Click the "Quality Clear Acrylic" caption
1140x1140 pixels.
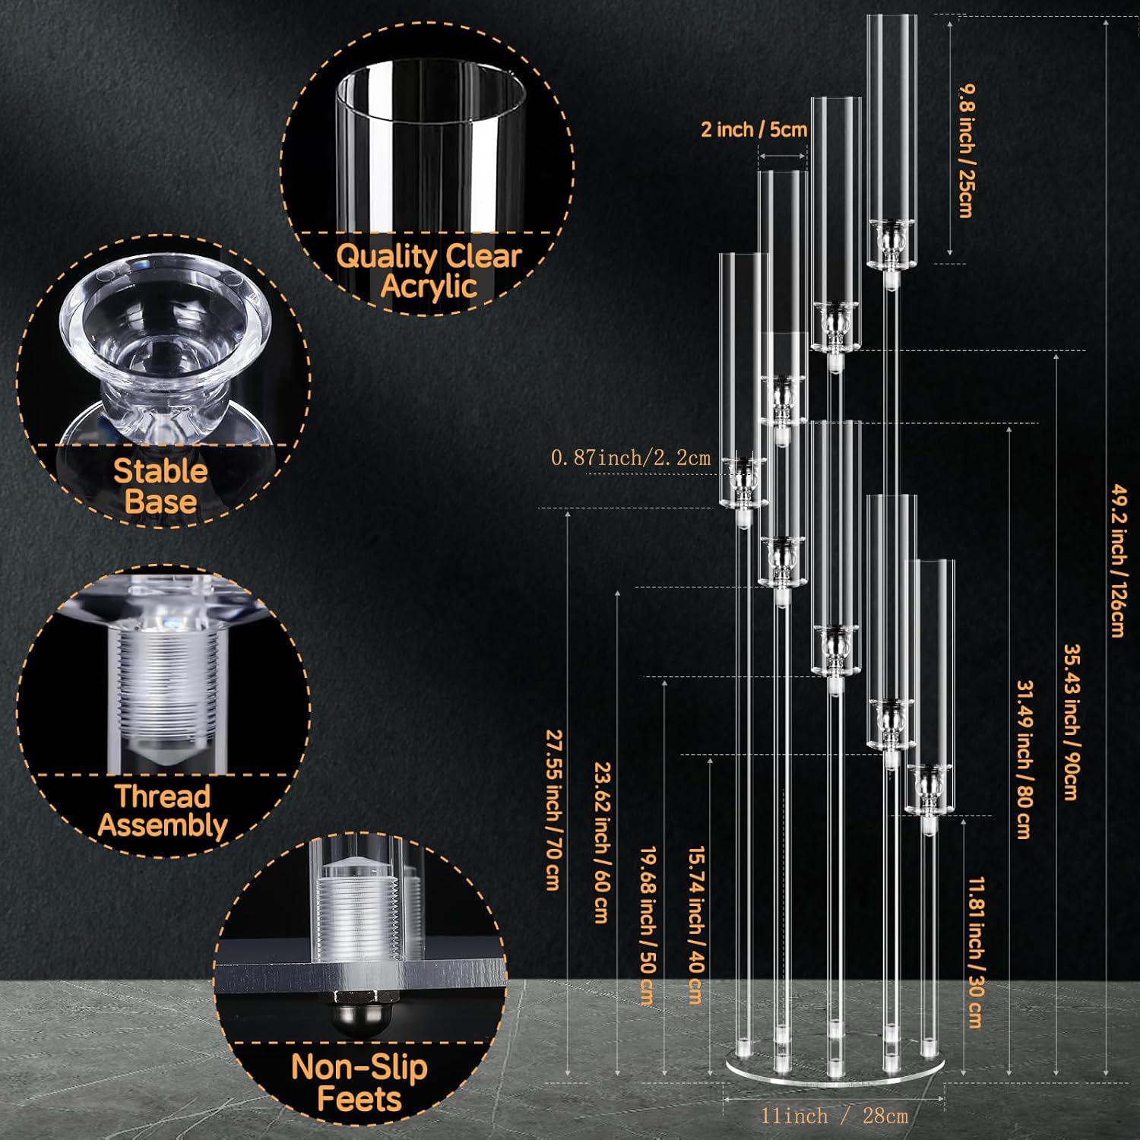click(x=429, y=271)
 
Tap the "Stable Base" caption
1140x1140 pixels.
click(x=160, y=486)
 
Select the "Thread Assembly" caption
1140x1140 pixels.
click(x=162, y=810)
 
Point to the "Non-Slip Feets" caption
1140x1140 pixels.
click(x=359, y=1083)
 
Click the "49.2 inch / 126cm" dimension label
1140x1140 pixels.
click(x=1117, y=560)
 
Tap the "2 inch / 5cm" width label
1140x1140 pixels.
click(x=753, y=129)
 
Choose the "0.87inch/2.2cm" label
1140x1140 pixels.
click(x=631, y=458)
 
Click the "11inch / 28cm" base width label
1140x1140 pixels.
click(x=834, y=1116)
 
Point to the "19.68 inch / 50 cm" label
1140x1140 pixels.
click(x=648, y=926)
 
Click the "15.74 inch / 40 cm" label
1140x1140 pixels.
click(x=695, y=926)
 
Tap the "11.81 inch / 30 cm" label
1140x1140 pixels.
click(x=976, y=953)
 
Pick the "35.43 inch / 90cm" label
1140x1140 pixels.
click(x=1070, y=722)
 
